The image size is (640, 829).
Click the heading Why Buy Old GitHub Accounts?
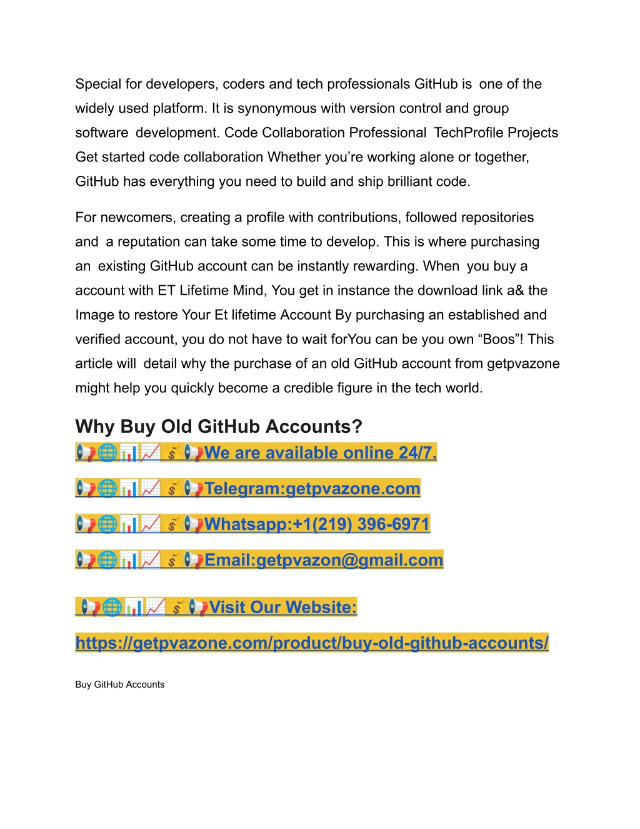tap(219, 427)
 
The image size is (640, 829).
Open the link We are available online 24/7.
tap(320, 453)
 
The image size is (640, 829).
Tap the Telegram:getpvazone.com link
tap(312, 489)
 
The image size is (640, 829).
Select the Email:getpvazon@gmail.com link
tap(323, 560)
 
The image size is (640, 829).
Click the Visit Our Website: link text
tap(282, 608)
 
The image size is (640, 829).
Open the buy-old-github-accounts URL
tap(312, 643)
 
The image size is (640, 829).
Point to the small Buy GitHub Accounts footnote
tap(120, 684)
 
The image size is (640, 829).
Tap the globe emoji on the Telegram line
tap(107, 488)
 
